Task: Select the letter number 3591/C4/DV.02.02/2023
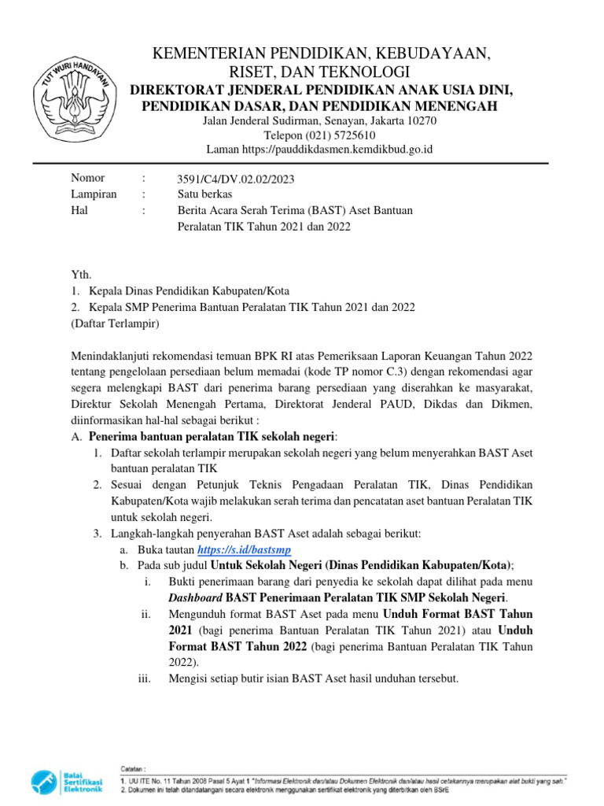tap(236, 179)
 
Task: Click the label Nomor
tap(87, 179)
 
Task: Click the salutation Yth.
tap(81, 275)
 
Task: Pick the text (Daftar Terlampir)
tap(115, 323)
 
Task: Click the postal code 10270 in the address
tap(421, 121)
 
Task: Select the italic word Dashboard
tap(195, 597)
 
